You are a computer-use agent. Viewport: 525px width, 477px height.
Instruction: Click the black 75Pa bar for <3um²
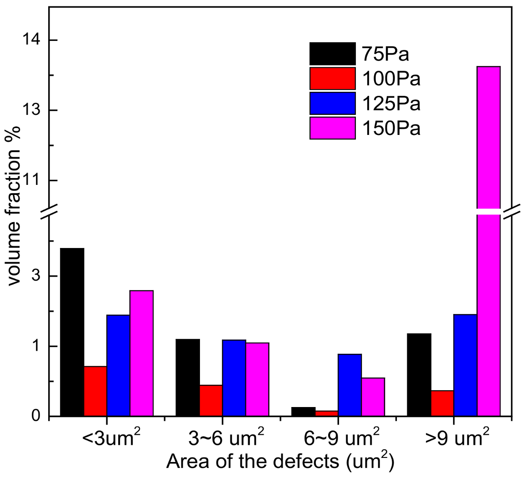[x=72, y=332]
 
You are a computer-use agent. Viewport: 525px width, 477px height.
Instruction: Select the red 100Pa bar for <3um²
[x=95, y=391]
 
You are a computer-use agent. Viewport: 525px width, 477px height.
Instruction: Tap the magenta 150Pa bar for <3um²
[x=141, y=353]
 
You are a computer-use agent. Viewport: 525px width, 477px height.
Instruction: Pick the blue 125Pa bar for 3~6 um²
[x=234, y=378]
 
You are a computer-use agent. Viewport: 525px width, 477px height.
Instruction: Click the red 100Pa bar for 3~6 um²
[x=211, y=400]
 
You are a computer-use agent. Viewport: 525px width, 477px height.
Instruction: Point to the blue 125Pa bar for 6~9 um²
[x=350, y=385]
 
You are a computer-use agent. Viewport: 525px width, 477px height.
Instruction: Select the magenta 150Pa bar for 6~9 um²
[x=373, y=397]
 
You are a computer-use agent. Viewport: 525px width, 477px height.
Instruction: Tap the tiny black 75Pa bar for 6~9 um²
[x=303, y=412]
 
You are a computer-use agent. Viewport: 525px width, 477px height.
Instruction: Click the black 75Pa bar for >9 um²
[x=419, y=375]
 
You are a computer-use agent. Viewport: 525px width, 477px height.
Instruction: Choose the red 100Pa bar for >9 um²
[x=442, y=403]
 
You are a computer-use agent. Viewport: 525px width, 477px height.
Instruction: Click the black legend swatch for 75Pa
[x=332, y=54]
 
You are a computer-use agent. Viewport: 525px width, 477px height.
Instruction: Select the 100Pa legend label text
[x=391, y=79]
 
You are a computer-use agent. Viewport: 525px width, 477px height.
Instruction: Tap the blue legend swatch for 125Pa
[x=332, y=104]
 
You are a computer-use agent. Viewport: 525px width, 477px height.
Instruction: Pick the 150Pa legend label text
[x=391, y=129]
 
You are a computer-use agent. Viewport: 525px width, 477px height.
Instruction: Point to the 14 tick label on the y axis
[x=32, y=40]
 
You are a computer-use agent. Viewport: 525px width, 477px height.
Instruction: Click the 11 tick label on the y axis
[x=32, y=181]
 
